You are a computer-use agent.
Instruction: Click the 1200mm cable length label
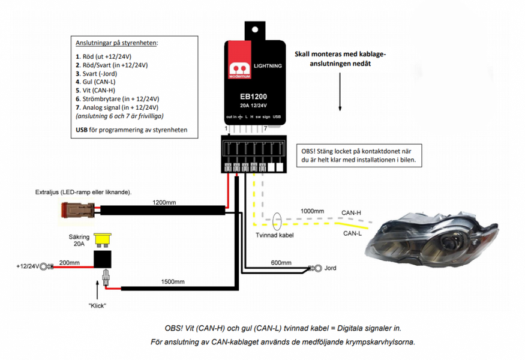pos(164,202)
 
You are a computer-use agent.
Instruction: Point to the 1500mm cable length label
pos(173,281)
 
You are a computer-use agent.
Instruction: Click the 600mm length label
pos(280,263)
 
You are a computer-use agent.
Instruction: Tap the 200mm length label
pos(70,262)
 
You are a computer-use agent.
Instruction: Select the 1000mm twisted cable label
pos(311,211)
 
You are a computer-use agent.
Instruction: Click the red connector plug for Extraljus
pos(74,210)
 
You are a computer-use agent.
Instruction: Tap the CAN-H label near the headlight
pos(351,212)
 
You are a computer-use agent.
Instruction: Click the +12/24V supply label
pos(27,265)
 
